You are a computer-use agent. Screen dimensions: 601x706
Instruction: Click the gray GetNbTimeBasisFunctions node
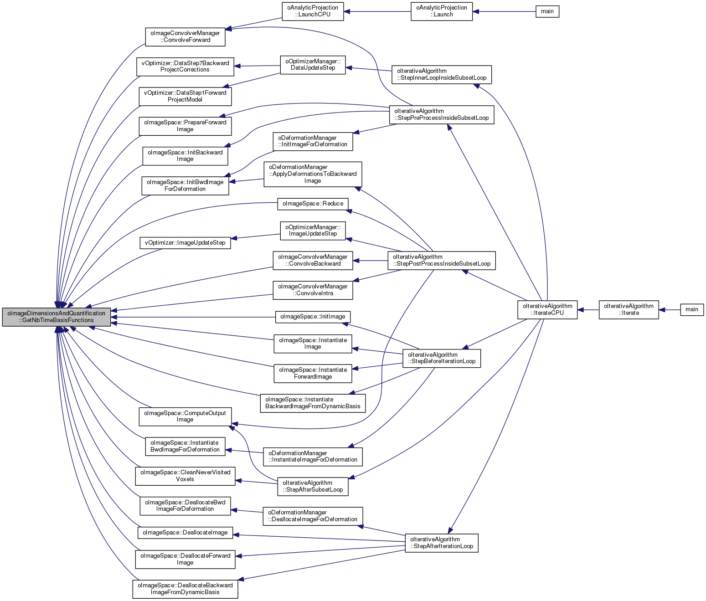point(57,317)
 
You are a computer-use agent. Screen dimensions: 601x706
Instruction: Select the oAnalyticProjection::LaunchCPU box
point(313,11)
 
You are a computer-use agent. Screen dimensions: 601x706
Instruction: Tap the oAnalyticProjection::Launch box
point(441,11)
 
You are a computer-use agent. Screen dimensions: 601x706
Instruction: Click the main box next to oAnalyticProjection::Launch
point(547,11)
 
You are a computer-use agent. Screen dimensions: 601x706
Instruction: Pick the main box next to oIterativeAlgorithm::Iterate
point(691,309)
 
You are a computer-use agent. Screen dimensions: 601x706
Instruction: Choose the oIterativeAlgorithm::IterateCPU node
point(547,309)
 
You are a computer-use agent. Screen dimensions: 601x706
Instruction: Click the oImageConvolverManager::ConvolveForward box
point(185,36)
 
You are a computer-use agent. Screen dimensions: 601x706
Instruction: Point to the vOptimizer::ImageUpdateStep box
point(185,243)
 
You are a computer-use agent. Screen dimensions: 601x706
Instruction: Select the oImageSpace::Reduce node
point(313,204)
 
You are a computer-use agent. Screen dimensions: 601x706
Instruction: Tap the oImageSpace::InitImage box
point(313,317)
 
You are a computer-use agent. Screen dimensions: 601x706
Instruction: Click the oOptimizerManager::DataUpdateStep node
point(313,65)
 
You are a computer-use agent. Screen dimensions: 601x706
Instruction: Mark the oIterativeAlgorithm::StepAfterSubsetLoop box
point(313,486)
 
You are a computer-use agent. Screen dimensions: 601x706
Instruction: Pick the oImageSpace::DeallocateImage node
point(185,533)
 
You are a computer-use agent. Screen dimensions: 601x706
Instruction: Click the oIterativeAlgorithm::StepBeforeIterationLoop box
point(441,358)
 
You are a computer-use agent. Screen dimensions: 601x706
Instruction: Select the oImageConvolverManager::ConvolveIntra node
point(313,290)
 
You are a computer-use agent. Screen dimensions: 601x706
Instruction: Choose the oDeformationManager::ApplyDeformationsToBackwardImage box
point(313,174)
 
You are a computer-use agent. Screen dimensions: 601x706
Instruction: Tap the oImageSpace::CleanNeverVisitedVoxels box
point(185,476)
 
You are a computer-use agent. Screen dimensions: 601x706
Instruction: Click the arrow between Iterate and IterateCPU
point(588,310)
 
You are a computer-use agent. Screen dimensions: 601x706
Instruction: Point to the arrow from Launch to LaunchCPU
point(377,11)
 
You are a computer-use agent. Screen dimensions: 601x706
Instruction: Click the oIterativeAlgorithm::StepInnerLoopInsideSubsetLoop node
point(441,74)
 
